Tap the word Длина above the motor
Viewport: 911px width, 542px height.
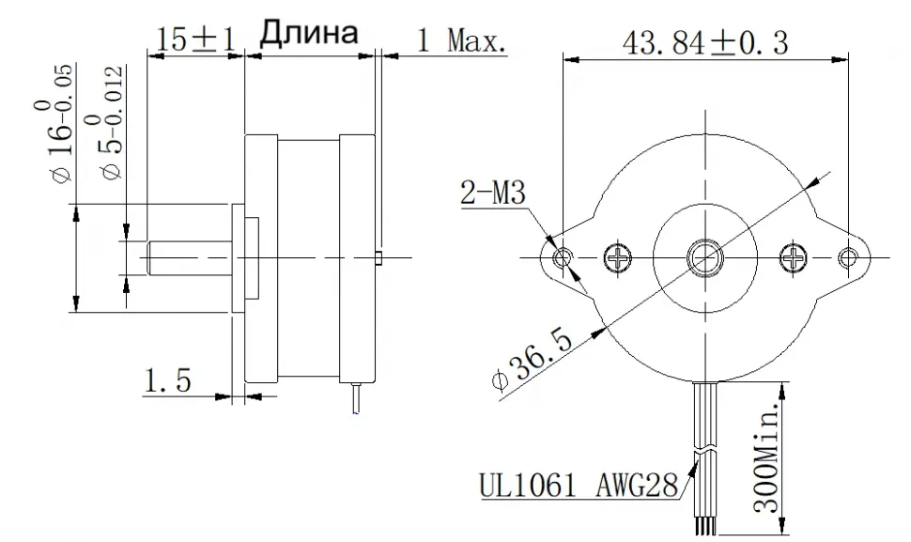[308, 33]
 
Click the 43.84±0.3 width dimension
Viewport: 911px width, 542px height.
[704, 42]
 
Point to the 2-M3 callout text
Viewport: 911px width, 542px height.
[493, 193]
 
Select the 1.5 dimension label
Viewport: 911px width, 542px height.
[167, 381]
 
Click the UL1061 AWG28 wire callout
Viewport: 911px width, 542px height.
[579, 485]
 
